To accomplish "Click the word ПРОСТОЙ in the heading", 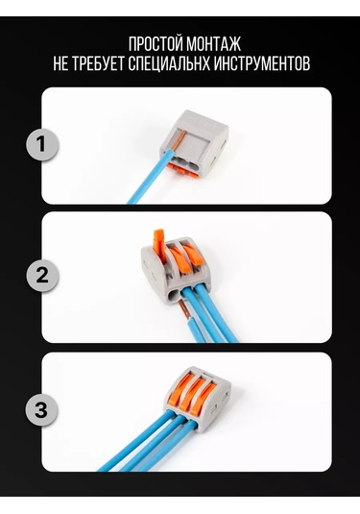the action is tap(156, 44).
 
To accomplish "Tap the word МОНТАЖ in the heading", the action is tap(214, 44).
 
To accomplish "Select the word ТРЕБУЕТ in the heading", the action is tap(98, 63).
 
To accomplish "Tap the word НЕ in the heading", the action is tap(60, 63).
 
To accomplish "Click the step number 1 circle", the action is tap(41, 144).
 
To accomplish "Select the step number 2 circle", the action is tap(42, 275).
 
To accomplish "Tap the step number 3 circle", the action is tap(41, 409).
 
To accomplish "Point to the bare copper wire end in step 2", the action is tap(184, 309).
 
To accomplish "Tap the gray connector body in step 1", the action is tap(194, 141).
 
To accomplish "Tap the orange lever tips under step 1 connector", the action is tap(182, 170).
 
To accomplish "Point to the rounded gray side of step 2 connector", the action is tap(153, 270).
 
